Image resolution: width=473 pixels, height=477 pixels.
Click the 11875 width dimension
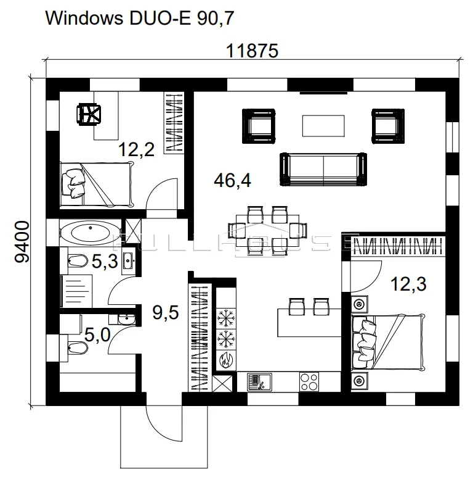point(252,51)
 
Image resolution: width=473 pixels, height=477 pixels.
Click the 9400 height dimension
point(22,241)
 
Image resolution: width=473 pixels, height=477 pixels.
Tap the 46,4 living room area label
point(233,180)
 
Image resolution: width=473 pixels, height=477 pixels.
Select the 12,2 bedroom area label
point(136,149)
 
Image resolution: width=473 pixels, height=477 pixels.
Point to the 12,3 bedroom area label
point(408,284)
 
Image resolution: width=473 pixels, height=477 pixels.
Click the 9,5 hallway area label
point(166,312)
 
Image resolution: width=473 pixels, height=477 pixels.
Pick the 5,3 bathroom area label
point(105,261)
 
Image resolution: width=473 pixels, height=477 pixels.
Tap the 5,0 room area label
point(97,335)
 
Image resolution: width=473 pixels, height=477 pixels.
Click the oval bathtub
point(91,233)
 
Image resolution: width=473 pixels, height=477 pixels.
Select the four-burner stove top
point(309,382)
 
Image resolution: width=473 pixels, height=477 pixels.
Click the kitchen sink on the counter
point(259,382)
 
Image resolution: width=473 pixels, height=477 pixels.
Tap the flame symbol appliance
point(226,360)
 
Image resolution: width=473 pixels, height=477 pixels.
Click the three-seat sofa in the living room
point(323,169)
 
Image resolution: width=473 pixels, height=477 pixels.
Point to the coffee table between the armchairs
point(323,126)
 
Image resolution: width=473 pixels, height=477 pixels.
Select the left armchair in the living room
point(259,126)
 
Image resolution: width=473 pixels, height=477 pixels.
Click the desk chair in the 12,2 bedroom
point(89,114)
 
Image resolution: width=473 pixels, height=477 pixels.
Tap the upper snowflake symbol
point(226,318)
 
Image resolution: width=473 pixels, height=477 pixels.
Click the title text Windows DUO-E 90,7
point(140,19)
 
